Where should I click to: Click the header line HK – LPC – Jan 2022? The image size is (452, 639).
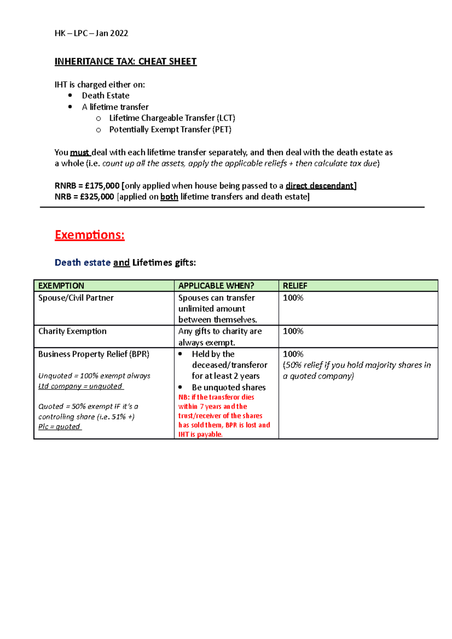click(91, 33)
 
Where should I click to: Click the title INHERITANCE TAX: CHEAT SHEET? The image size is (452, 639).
click(125, 61)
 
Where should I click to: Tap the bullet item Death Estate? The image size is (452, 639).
click(105, 96)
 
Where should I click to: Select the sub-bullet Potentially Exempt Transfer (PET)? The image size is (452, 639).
click(170, 129)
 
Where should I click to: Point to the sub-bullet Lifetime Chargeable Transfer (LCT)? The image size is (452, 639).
click(172, 118)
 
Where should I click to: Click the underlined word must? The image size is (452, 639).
click(79, 152)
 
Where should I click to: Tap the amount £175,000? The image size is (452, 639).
click(102, 186)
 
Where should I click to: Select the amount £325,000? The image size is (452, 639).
click(97, 197)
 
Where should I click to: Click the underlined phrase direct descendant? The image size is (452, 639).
click(319, 186)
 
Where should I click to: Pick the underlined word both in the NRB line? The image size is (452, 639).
click(169, 197)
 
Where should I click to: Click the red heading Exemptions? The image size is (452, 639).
click(90, 235)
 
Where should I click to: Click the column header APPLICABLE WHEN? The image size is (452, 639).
click(216, 286)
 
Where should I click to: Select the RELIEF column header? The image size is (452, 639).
click(295, 286)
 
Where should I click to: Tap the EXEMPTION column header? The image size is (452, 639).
click(61, 286)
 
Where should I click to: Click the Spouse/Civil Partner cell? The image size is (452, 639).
click(76, 298)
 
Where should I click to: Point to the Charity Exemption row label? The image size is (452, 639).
click(72, 331)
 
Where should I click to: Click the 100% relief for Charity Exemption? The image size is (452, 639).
click(293, 331)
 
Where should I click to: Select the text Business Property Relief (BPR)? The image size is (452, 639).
click(94, 354)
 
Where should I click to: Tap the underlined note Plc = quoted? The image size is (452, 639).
click(59, 427)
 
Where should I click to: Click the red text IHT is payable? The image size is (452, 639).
click(200, 434)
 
